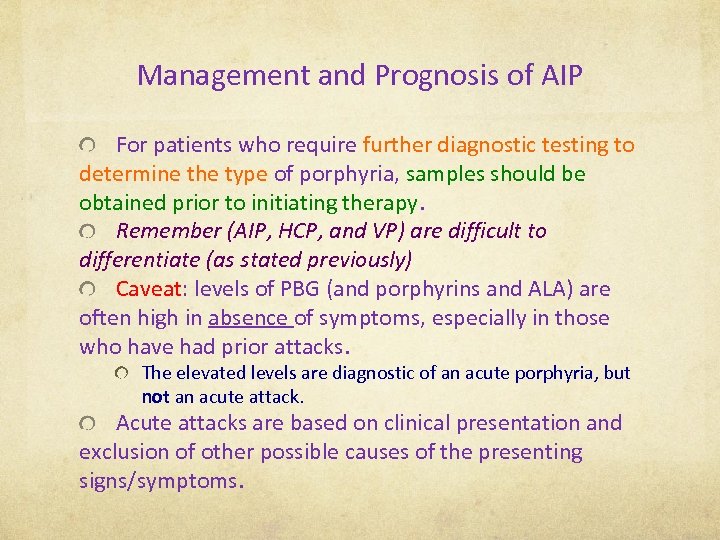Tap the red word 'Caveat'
point(149,289)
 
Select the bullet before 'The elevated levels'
point(121,373)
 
